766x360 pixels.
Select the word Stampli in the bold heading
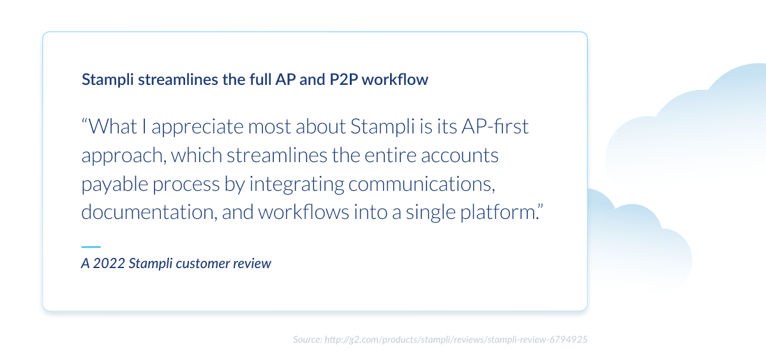click(108, 80)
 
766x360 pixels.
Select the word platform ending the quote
click(504, 213)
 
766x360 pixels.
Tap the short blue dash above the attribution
click(91, 246)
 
